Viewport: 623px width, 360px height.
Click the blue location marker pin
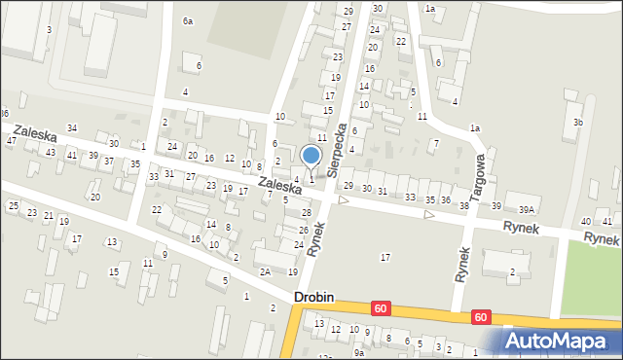[311, 156]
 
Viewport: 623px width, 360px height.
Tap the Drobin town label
[314, 300]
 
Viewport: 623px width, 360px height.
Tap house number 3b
[578, 123]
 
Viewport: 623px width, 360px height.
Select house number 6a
[188, 20]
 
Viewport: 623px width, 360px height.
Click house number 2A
[265, 271]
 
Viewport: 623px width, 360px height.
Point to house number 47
[11, 141]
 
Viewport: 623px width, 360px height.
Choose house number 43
[50, 153]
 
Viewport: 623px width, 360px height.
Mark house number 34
[71, 128]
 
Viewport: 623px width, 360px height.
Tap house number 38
[464, 206]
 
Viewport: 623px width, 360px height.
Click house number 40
[586, 223]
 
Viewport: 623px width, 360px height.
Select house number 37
[108, 162]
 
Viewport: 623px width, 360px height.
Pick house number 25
[13, 205]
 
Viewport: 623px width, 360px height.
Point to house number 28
[306, 212]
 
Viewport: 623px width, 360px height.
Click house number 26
[303, 230]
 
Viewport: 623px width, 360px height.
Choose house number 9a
[358, 353]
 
